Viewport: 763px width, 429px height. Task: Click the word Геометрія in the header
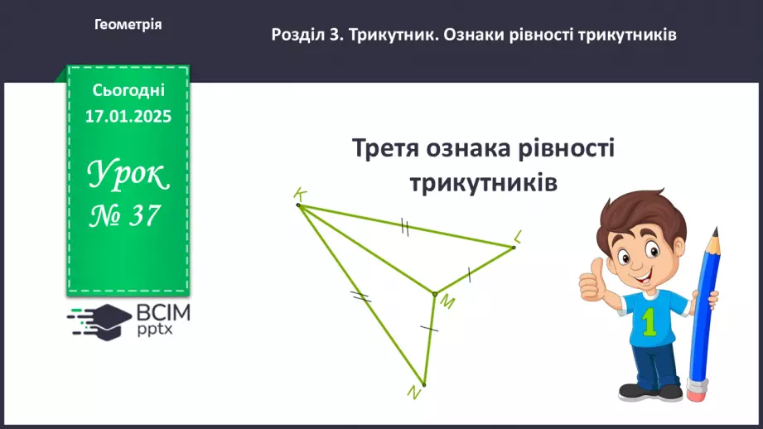128,25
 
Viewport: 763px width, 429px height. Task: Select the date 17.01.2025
128,117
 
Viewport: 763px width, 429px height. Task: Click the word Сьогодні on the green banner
128,89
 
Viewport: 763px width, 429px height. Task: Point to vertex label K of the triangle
300,194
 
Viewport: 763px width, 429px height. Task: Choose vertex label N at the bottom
414,394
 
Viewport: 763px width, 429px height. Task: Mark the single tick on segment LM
469,272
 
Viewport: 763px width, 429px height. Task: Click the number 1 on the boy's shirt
649,321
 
